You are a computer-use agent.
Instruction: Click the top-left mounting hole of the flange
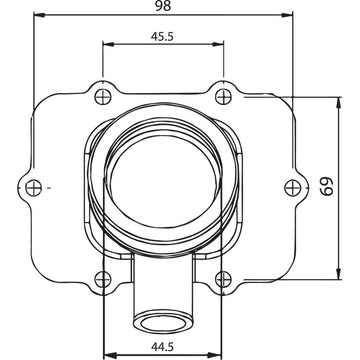pyautogui.click(x=100, y=96)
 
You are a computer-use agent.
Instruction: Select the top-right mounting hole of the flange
pyautogui.click(x=222, y=96)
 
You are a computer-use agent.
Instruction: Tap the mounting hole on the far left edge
pyautogui.click(x=34, y=188)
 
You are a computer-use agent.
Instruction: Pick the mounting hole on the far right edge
pyautogui.click(x=290, y=188)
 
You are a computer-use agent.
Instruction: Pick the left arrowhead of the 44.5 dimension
pyautogui.click(x=104, y=354)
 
